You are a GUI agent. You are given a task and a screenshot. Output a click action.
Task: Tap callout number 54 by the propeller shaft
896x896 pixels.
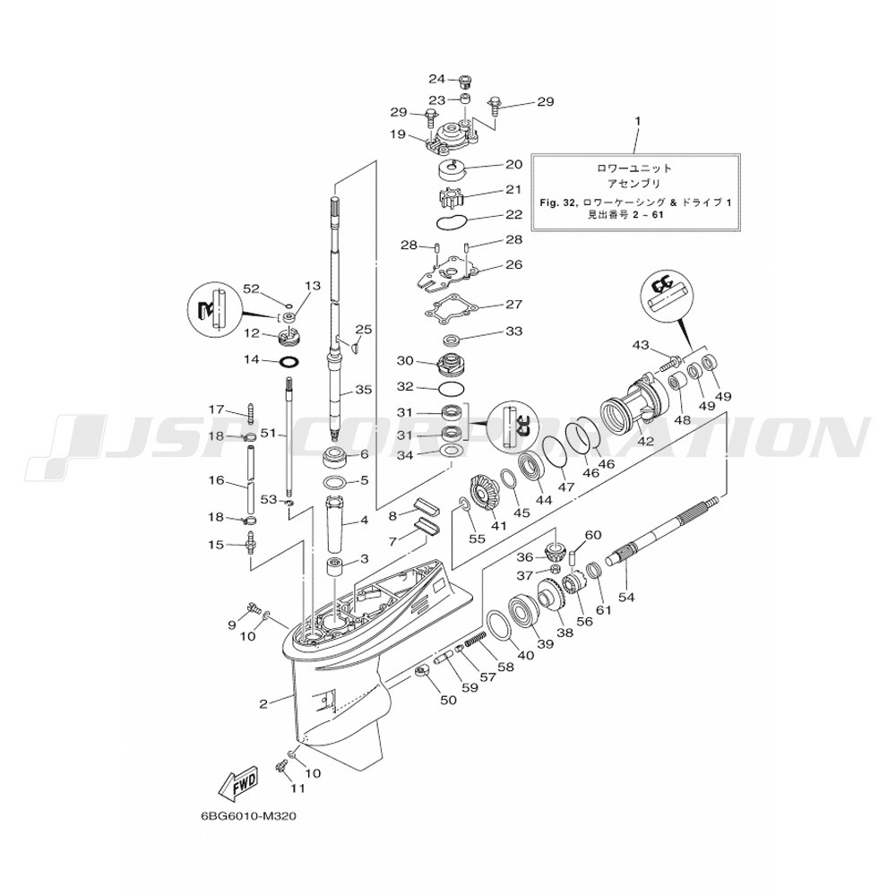[x=626, y=597]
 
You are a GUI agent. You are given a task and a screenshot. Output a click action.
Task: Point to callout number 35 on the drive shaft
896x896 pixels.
[x=362, y=390]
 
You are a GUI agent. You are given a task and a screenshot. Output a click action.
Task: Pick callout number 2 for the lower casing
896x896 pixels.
[x=263, y=703]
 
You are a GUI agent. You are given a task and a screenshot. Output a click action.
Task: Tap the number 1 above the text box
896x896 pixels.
[x=637, y=120]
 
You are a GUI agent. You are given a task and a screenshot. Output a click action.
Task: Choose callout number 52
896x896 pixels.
[x=252, y=289]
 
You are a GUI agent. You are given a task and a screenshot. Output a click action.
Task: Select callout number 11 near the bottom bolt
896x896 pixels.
[x=297, y=788]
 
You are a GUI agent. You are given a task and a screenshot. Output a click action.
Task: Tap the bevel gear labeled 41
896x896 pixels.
[x=486, y=491]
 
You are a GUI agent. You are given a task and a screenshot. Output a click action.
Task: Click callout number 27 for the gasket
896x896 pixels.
[x=513, y=304]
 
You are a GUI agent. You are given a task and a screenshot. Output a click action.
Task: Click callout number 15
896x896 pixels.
[x=216, y=545]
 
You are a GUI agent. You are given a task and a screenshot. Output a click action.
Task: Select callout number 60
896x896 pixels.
[x=592, y=535]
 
